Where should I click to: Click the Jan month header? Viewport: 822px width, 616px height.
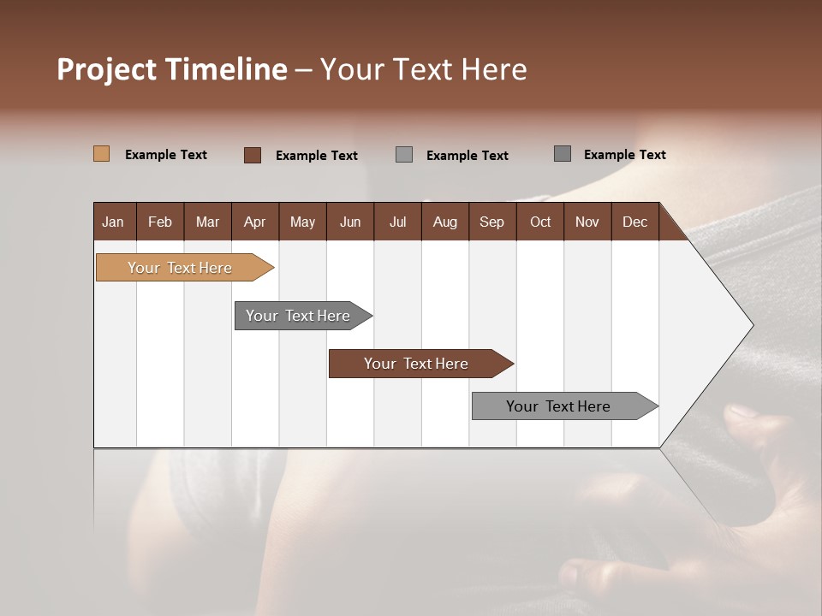(113, 222)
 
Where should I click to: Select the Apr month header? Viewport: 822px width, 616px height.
(254, 222)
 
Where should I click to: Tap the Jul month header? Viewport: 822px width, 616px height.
(397, 222)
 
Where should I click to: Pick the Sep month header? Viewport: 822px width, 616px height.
(491, 222)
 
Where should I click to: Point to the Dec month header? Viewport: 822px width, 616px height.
(634, 222)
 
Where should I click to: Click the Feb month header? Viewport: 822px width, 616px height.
(160, 222)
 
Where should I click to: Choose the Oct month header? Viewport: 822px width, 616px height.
(540, 222)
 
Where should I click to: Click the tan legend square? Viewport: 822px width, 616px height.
(101, 154)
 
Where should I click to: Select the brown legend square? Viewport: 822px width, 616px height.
(253, 155)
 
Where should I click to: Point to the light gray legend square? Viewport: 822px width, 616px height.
(404, 155)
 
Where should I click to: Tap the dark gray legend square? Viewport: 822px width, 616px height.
(563, 154)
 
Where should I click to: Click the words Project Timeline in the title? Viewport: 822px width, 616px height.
(172, 69)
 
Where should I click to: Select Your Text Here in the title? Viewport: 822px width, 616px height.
(424, 69)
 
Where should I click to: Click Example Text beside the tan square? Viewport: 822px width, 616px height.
(166, 155)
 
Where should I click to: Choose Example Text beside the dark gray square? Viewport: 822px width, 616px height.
(625, 155)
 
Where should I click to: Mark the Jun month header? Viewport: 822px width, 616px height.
(350, 222)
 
